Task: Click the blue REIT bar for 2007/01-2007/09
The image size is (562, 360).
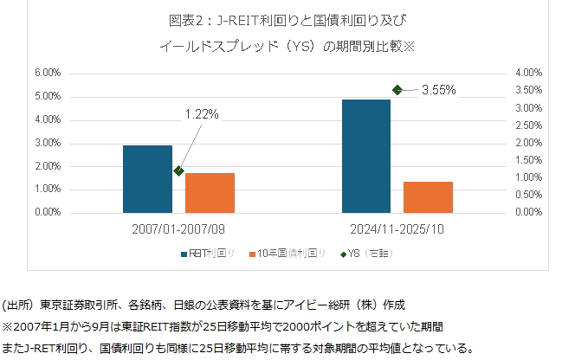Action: point(147,178)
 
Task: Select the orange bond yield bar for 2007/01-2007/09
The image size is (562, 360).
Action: point(210,192)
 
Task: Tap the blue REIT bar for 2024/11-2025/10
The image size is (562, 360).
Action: point(365,156)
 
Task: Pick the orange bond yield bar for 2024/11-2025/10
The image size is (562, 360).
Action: point(428,196)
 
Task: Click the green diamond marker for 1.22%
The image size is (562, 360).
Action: point(178,170)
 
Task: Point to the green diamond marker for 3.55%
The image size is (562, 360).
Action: point(397,89)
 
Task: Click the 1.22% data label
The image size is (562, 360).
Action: point(202,113)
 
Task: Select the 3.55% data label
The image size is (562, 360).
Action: point(439,89)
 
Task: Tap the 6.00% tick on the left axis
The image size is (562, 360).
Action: point(48,73)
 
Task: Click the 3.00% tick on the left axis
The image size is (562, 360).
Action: point(48,143)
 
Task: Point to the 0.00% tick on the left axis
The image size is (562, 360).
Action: point(48,212)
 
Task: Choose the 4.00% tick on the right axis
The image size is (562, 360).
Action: point(526,73)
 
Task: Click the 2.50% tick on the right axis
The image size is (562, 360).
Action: point(526,125)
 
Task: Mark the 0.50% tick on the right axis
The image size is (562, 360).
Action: point(526,195)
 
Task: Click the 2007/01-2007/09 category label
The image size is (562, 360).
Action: point(178,230)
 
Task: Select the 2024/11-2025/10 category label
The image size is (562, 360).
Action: point(397,230)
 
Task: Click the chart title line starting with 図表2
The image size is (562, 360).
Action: point(282,19)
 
